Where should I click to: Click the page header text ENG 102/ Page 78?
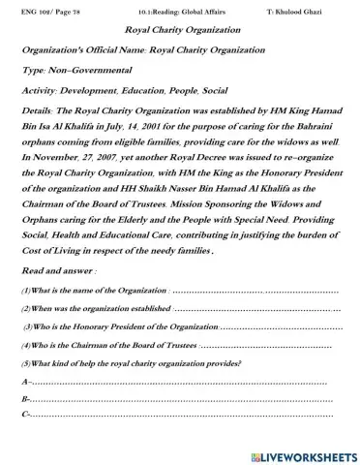[x=45, y=10]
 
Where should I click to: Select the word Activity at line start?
[x=40, y=93]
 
